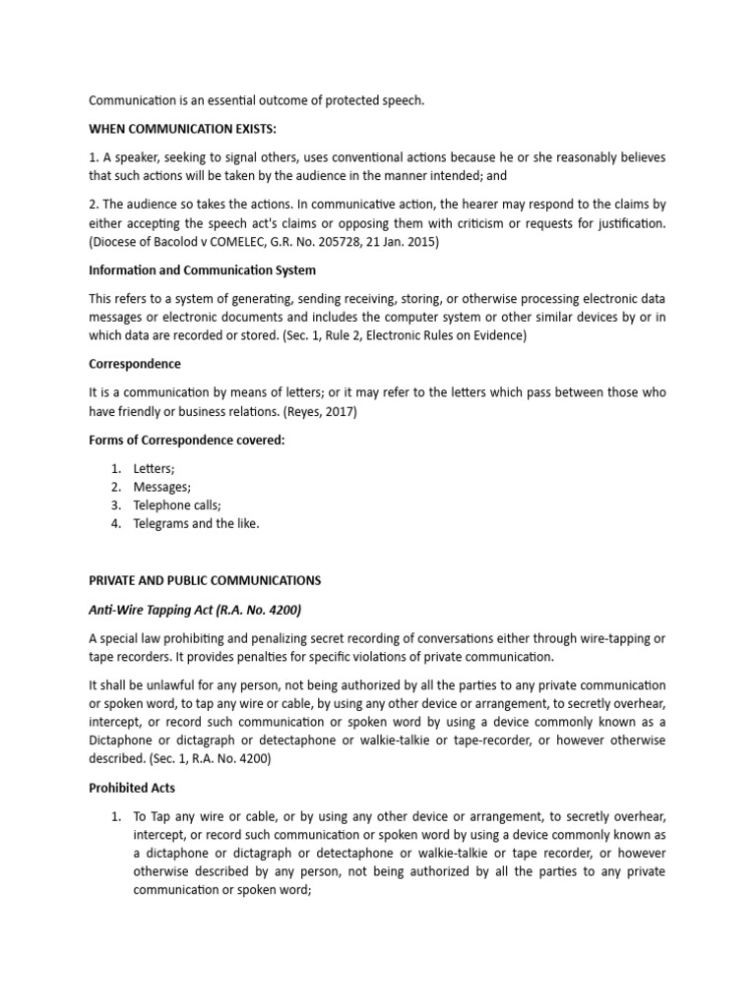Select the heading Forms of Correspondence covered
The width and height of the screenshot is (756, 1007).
(x=186, y=440)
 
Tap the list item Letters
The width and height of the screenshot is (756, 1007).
(x=154, y=469)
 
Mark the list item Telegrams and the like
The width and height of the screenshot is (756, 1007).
(x=196, y=523)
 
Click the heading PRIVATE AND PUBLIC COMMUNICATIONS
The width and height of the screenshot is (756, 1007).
(x=205, y=580)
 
